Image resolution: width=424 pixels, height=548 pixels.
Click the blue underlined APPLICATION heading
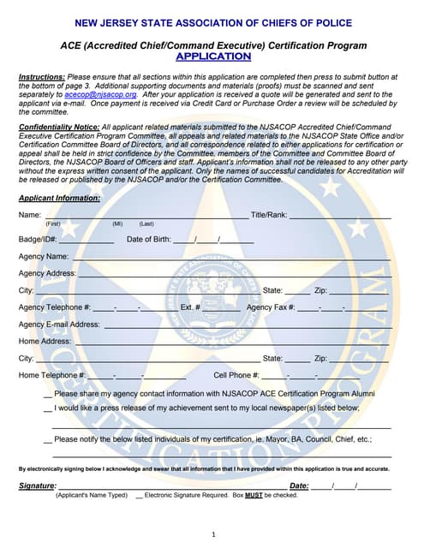pyautogui.click(x=213, y=57)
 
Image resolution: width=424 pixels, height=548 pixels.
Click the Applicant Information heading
pyautogui.click(x=59, y=198)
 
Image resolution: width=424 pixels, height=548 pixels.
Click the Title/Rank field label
pyautogui.click(x=268, y=214)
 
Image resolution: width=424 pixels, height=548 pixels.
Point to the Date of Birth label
pyautogui.click(x=148, y=239)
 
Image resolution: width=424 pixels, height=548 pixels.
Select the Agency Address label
pyautogui.click(x=47, y=273)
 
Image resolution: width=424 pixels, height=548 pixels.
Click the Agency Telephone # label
pyautogui.click(x=54, y=307)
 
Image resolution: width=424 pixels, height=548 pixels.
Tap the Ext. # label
pyautogui.click(x=190, y=307)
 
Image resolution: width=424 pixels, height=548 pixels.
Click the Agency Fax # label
pyautogui.click(x=271, y=307)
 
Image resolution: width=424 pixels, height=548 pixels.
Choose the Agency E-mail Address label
pyautogui.click(x=59, y=325)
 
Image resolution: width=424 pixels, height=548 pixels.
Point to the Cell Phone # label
pyautogui.click(x=236, y=375)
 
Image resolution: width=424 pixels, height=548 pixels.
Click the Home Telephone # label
pyautogui.click(x=52, y=375)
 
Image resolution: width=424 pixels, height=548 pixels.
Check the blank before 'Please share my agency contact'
pyautogui.click(x=47, y=395)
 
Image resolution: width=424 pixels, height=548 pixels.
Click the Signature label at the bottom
pyautogui.click(x=37, y=486)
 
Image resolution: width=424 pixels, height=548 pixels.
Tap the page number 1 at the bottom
pyautogui.click(x=212, y=534)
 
